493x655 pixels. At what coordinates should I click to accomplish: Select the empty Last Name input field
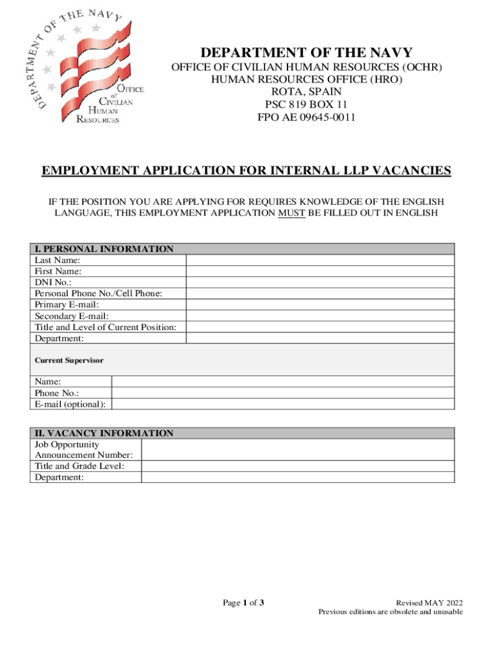pyautogui.click(x=320, y=260)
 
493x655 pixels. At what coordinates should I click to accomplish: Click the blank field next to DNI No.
pyautogui.click(x=320, y=282)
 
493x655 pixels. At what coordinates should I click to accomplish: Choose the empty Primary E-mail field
pyautogui.click(x=320, y=304)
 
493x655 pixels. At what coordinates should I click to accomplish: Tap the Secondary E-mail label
pyautogui.click(x=72, y=316)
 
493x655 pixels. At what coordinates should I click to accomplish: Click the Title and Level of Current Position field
pyautogui.click(x=320, y=327)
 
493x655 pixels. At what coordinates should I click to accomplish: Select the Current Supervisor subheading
pyautogui.click(x=69, y=361)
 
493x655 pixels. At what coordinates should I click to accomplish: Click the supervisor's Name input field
pyautogui.click(x=283, y=381)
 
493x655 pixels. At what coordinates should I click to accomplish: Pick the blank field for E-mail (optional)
pyautogui.click(x=283, y=404)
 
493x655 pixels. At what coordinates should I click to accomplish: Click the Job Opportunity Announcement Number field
pyautogui.click(x=298, y=450)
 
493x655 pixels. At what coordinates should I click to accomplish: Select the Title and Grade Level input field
pyautogui.click(x=298, y=466)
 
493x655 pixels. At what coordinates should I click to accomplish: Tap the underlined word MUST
pyautogui.click(x=292, y=213)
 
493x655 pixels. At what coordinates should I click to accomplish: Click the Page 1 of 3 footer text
pyautogui.click(x=243, y=603)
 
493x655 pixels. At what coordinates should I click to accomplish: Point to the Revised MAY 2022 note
pyautogui.click(x=429, y=603)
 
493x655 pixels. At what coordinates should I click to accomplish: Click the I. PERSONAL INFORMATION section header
pyautogui.click(x=104, y=249)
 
